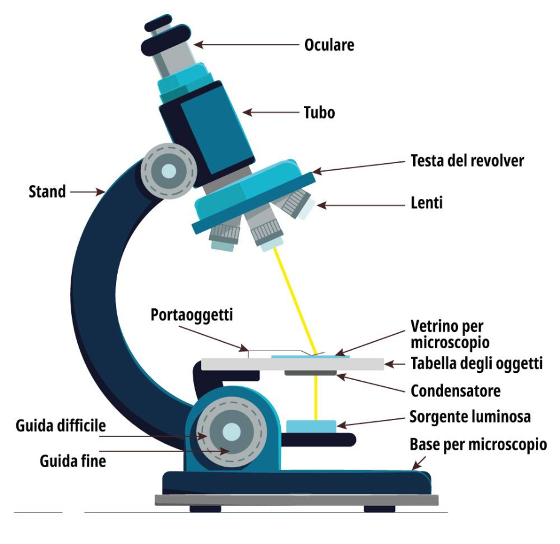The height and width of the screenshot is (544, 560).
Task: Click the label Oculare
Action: point(329,45)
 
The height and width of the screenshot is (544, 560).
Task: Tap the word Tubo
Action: point(318,112)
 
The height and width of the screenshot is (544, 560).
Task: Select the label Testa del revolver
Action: point(467,161)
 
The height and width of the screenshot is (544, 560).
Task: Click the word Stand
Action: point(47,192)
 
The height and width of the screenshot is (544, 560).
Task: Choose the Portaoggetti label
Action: point(192,315)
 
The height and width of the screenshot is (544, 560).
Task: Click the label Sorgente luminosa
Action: point(470,417)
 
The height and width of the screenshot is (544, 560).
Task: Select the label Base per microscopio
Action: point(478,445)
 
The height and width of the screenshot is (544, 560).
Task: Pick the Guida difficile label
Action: point(60,426)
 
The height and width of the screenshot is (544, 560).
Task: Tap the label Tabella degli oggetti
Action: point(477,364)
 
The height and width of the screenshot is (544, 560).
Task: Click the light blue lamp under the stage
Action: point(311,426)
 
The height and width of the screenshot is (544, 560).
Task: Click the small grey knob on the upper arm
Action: point(169,172)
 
